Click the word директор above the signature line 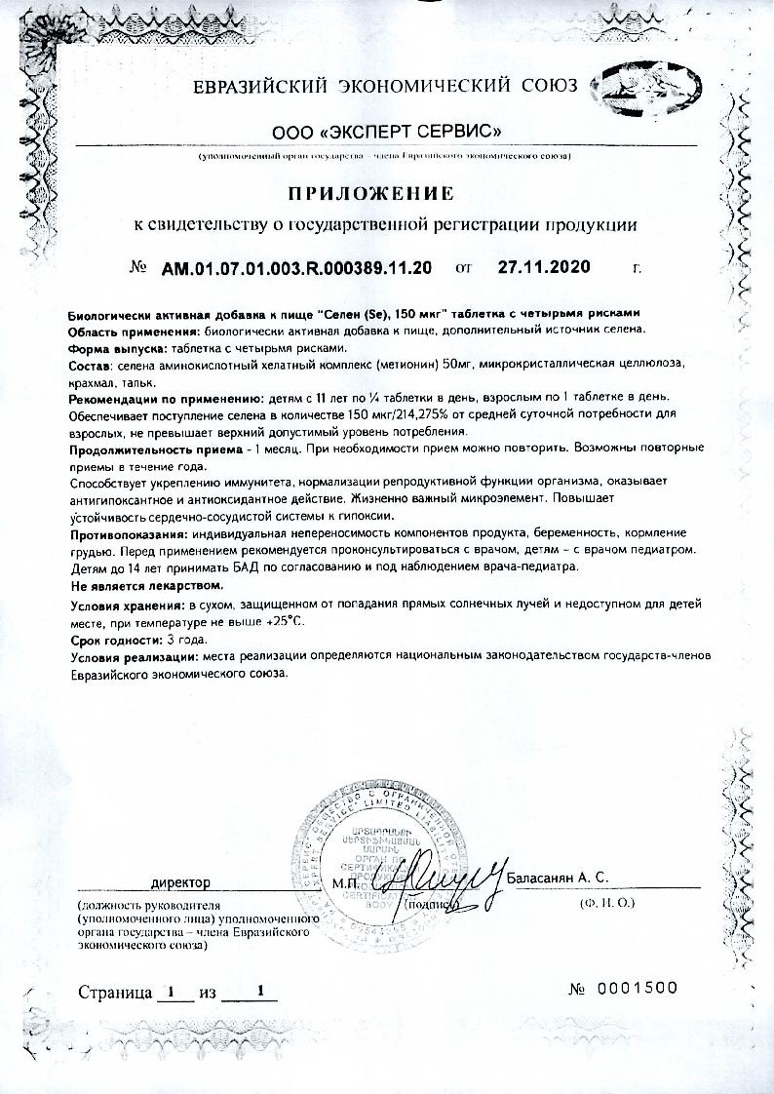click(180, 882)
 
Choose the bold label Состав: click(93, 364)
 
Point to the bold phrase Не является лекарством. click(146, 587)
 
